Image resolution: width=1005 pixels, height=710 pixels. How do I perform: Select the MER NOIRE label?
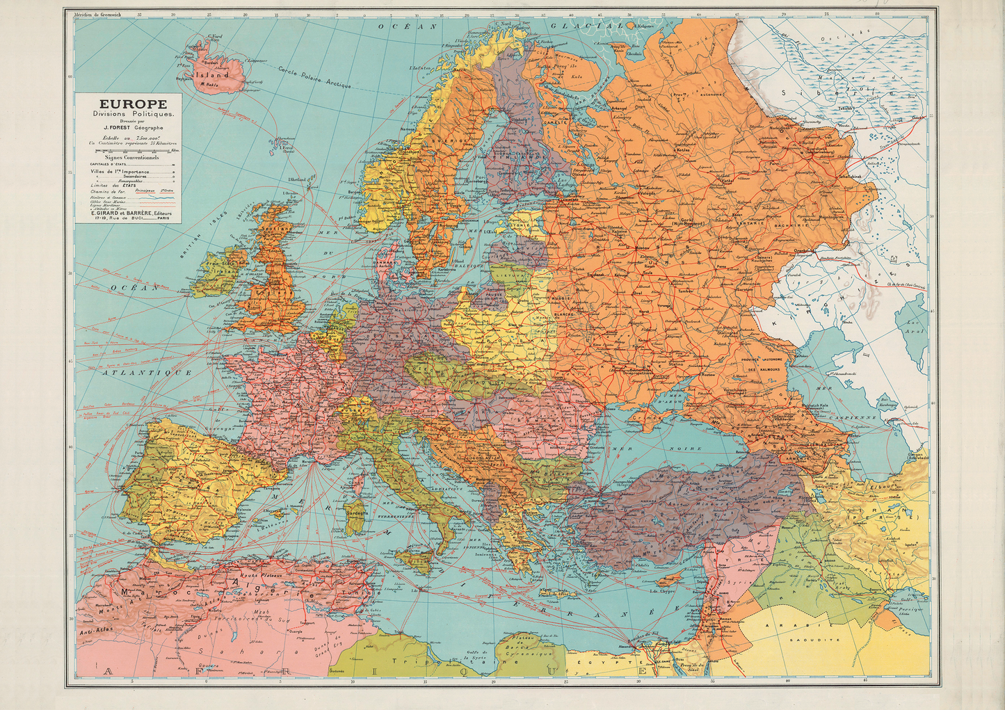click(x=665, y=449)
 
